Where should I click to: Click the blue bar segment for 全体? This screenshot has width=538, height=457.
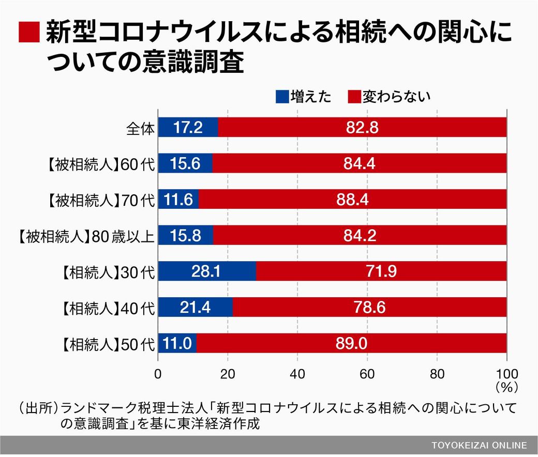(188, 127)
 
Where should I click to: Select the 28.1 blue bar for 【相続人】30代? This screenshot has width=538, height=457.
(207, 271)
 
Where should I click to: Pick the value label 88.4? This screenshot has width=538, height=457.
(352, 200)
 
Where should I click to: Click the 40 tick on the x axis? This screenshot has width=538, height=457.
(297, 374)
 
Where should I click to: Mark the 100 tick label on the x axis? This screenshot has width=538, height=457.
(506, 374)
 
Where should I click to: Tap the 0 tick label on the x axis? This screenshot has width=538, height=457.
(158, 374)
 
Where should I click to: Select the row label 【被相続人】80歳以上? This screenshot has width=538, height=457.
(83, 236)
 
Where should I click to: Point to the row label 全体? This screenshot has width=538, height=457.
(140, 128)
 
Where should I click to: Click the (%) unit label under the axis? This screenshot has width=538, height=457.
(506, 386)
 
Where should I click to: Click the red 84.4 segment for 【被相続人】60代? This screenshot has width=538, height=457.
(360, 163)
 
